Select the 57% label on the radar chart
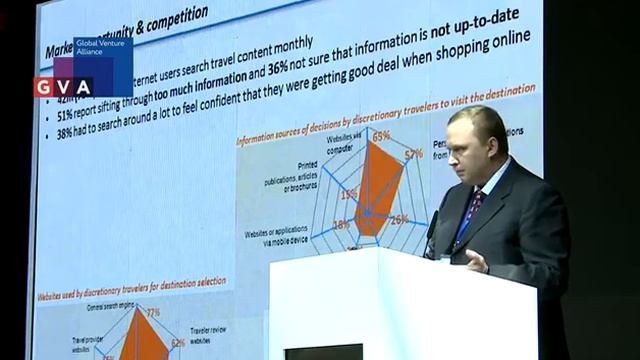413,154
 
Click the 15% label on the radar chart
348,196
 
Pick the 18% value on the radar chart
341,225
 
